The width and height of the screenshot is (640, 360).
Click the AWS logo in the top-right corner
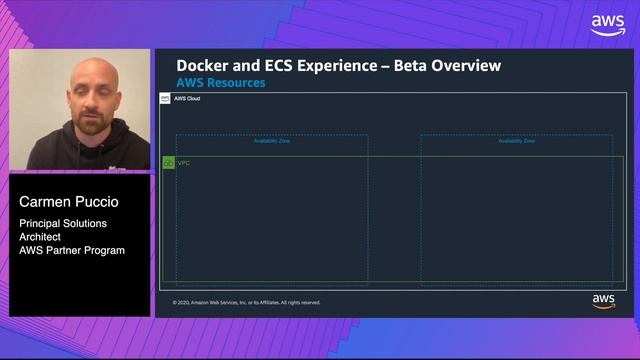point(607,24)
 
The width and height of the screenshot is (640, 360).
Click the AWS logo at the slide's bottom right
point(603,301)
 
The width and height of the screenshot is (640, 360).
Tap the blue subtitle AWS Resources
point(221,83)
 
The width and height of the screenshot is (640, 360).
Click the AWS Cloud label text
point(188,99)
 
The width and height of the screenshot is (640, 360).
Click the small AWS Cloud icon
point(166,99)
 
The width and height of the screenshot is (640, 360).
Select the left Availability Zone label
point(272,141)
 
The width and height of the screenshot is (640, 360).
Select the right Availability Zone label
point(516,141)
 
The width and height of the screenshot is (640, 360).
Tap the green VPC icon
point(169,162)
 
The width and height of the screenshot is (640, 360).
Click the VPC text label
point(184,162)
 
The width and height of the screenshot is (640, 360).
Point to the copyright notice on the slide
point(246,302)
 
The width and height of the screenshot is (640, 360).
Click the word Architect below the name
point(40,237)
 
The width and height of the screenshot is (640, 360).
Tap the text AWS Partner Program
point(72,250)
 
